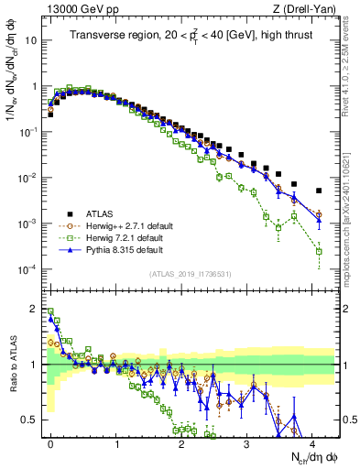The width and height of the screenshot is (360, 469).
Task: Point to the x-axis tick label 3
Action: pyautogui.click(x=246, y=442)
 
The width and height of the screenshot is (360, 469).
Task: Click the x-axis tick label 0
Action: pyautogui.click(x=50, y=442)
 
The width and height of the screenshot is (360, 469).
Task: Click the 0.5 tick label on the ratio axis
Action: pyautogui.click(x=30, y=420)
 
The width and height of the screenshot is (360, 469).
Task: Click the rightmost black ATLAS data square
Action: pyautogui.click(x=319, y=191)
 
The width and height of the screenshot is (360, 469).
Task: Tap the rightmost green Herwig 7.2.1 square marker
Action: pyautogui.click(x=319, y=251)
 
